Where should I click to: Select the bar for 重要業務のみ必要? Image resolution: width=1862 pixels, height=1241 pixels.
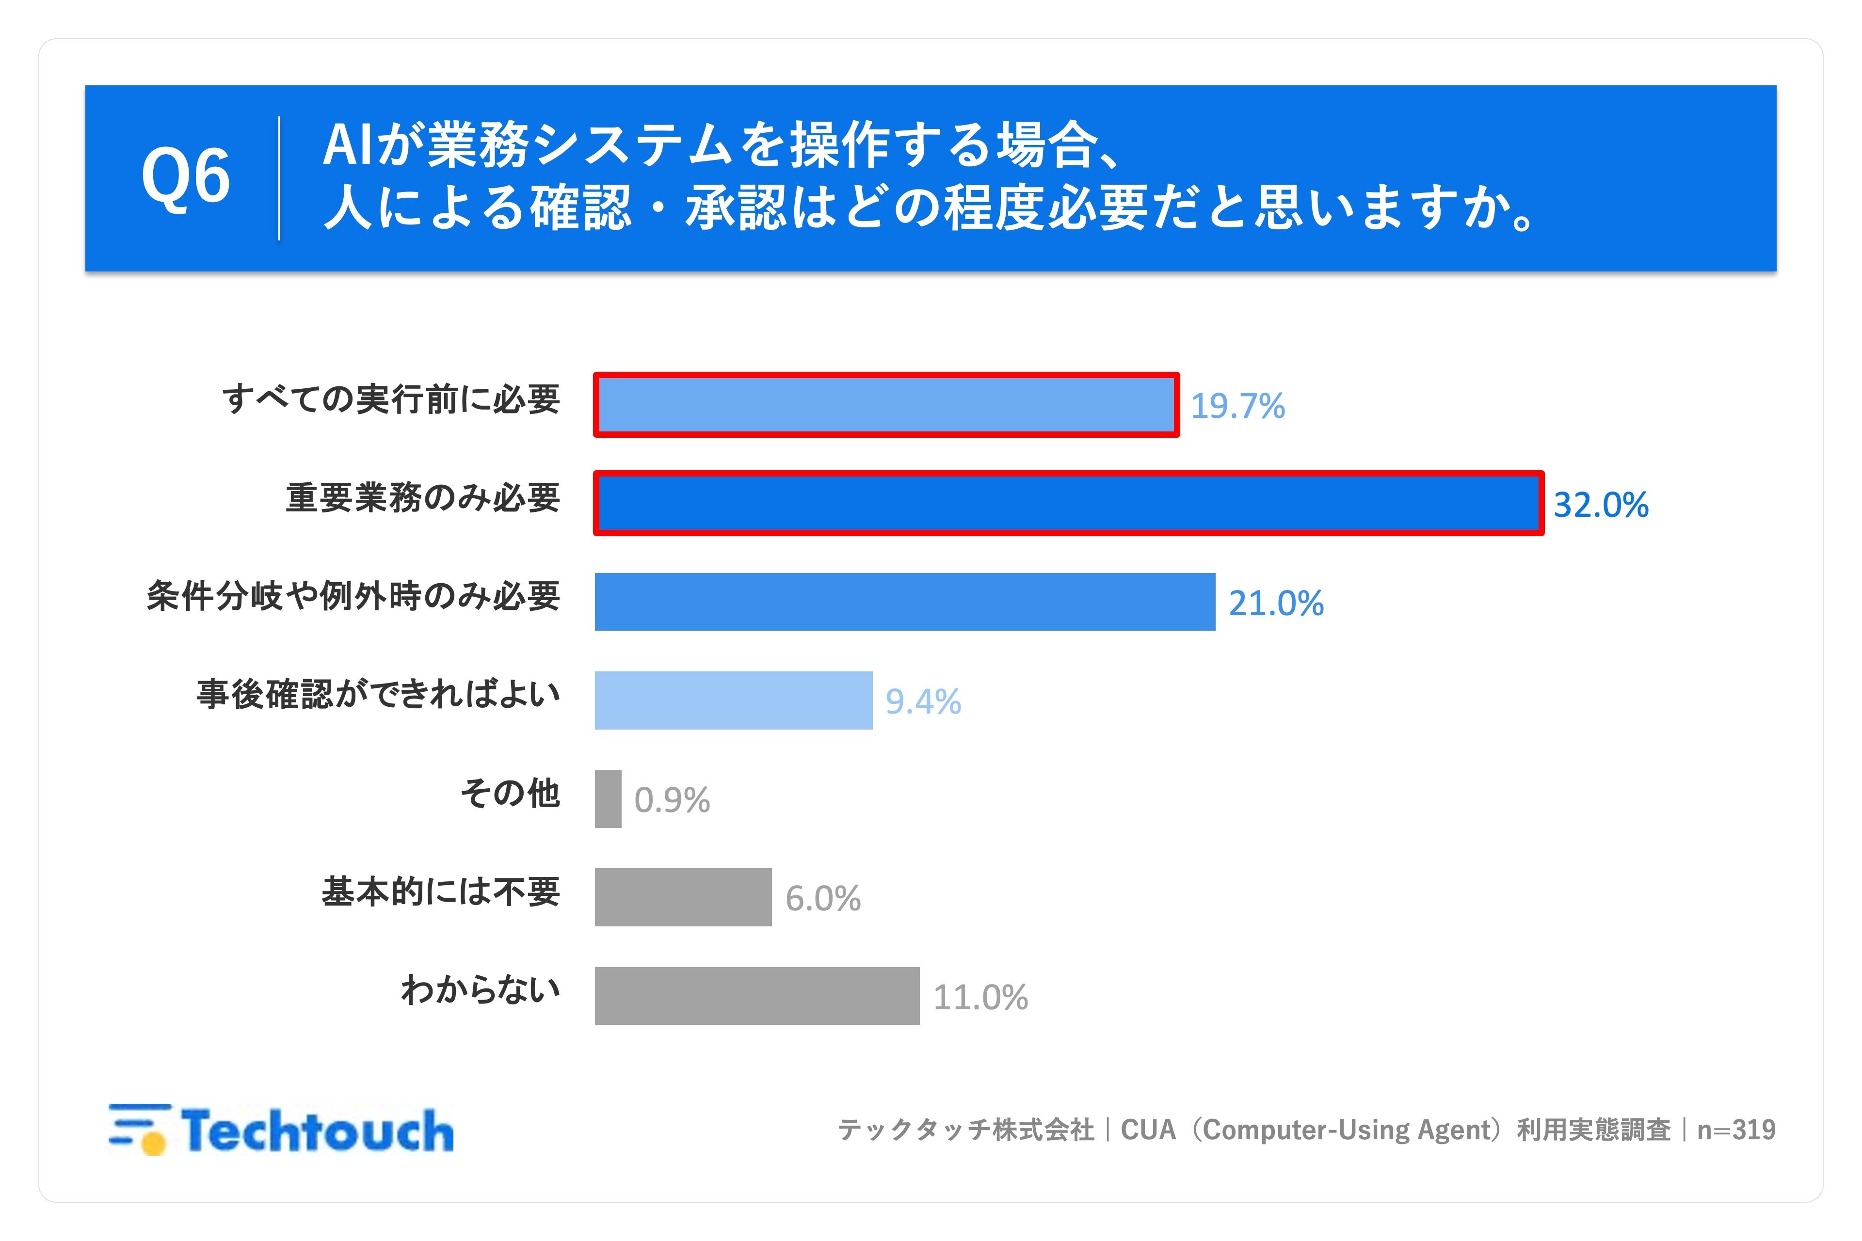click(1069, 503)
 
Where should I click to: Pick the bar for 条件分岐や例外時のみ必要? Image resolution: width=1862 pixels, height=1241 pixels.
click(905, 602)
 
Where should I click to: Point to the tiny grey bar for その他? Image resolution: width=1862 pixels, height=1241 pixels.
click(608, 798)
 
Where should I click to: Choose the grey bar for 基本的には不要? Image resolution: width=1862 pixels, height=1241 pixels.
click(683, 897)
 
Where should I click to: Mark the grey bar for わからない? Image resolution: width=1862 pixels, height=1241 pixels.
click(757, 996)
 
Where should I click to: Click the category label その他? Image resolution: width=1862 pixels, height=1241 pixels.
click(511, 793)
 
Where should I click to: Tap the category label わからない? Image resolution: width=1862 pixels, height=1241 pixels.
click(481, 989)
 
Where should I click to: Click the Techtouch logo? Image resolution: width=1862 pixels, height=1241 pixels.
click(281, 1130)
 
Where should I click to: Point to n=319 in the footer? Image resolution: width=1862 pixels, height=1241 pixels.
click(1736, 1130)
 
